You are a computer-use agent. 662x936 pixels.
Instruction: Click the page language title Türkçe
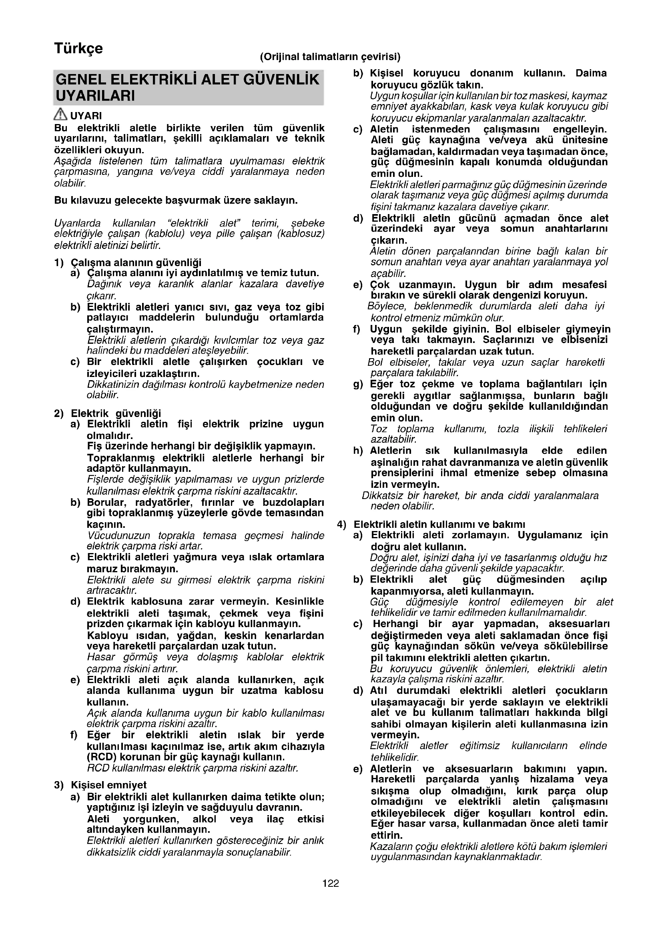coord(78,49)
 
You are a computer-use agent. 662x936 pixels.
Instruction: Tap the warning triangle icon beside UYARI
coord(60,114)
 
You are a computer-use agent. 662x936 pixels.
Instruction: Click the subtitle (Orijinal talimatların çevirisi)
coord(330,57)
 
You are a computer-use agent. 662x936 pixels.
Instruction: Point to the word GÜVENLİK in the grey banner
coord(281,80)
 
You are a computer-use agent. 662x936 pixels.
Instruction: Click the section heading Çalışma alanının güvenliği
coord(136,263)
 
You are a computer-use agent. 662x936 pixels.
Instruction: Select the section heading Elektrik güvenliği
coord(116,413)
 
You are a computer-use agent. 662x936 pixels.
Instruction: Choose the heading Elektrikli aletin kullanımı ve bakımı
coord(439,524)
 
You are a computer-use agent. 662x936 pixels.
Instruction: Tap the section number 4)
coord(341,524)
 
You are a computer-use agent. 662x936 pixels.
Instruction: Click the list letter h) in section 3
coord(358,451)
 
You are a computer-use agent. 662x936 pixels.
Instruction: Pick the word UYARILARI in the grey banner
coord(95,96)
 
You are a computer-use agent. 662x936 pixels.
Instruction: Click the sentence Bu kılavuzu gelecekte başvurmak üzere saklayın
coord(176,200)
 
